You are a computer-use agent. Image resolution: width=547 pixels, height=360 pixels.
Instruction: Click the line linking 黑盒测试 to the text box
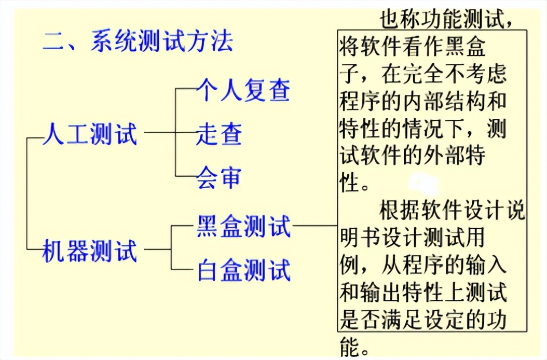(x=314, y=226)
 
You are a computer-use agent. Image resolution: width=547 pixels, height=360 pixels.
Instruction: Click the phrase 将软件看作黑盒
(x=413, y=48)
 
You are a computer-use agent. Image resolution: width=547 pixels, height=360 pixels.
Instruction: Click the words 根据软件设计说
(x=452, y=211)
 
